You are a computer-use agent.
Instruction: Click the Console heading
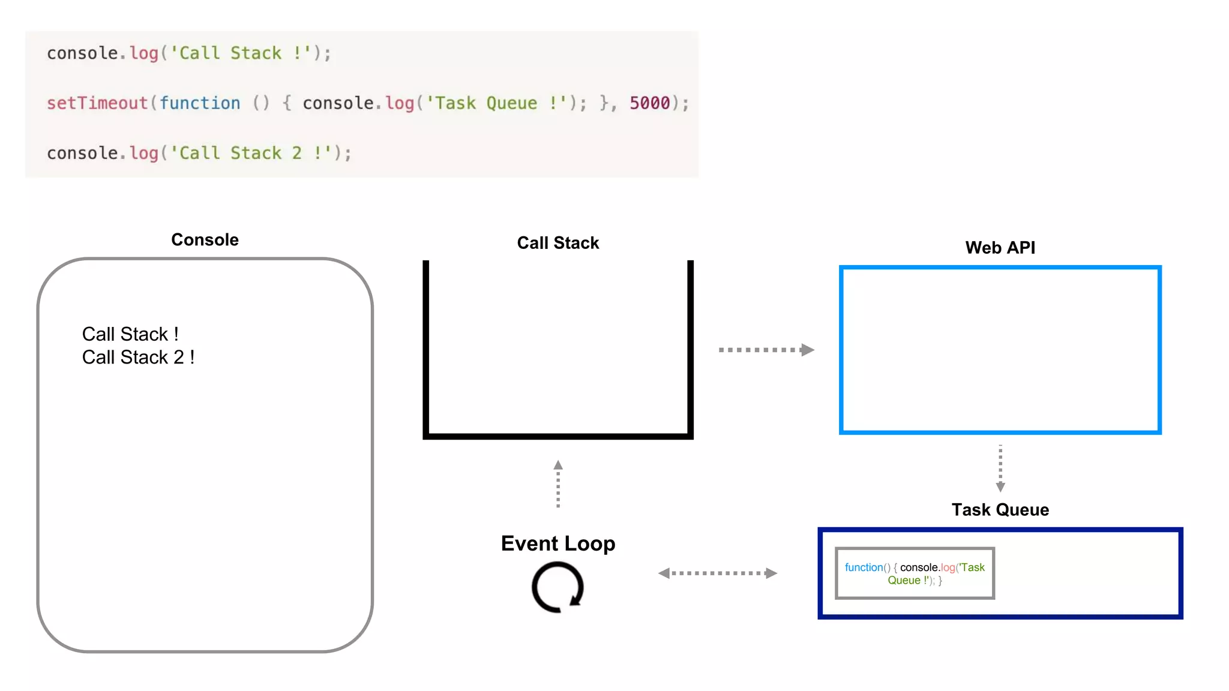[205, 240]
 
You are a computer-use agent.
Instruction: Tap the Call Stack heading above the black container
[557, 243]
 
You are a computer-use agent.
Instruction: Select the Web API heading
[1000, 248]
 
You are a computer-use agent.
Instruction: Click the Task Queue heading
[1000, 510]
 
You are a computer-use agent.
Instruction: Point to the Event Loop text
[557, 543]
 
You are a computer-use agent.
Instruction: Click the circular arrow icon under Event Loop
[557, 587]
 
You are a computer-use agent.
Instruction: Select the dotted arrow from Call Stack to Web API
[766, 350]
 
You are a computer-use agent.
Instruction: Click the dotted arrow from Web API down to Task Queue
[1000, 468]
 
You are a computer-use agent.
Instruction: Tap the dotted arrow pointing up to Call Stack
[558, 484]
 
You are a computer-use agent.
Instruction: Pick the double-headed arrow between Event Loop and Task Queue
[717, 573]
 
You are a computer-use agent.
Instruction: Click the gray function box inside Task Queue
[915, 573]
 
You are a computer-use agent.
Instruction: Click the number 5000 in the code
[649, 103]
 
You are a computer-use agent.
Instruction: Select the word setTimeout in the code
[97, 103]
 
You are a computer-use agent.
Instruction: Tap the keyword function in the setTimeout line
[200, 103]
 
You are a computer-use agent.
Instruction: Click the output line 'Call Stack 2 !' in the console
[138, 357]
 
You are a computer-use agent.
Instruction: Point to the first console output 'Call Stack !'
[130, 334]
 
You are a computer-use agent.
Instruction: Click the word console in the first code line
[82, 53]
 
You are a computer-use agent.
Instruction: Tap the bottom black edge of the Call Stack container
[557, 436]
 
